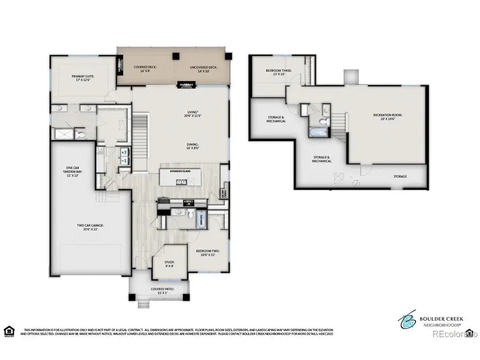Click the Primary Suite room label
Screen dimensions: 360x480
tap(83, 78)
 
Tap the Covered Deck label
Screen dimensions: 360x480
tap(145, 69)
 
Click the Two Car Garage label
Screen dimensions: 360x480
tap(90, 227)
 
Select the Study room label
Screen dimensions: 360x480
tap(170, 264)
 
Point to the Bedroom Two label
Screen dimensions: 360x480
tap(207, 252)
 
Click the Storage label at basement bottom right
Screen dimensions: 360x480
tap(400, 177)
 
